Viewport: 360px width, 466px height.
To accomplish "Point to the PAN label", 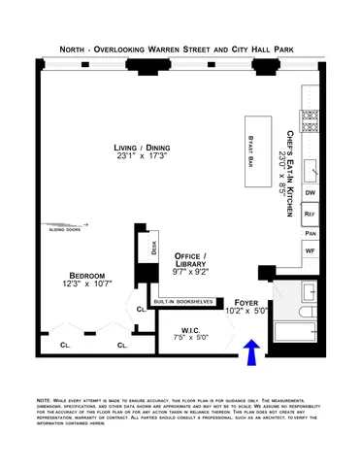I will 311,233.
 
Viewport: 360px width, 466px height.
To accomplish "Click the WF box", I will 311,251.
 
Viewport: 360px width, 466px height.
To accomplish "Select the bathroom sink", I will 309,292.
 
